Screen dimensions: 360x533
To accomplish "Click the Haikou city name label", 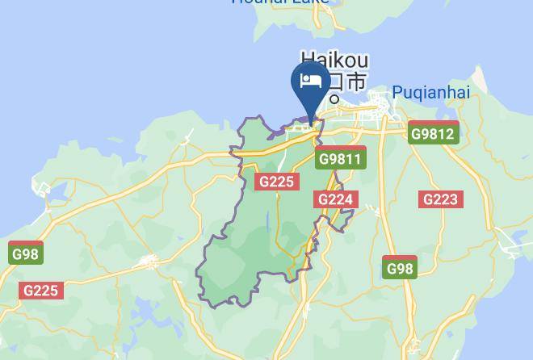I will [335, 61].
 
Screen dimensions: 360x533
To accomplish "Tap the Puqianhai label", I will [430, 93].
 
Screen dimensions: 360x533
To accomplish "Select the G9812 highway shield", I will [432, 133].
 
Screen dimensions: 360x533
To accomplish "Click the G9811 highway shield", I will [340, 159].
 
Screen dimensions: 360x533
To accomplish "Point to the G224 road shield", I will [335, 200].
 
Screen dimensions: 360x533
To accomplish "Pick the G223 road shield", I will [440, 199].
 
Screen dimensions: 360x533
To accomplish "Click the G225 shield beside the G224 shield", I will [275, 182].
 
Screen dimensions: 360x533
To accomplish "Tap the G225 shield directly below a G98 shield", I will [40, 291].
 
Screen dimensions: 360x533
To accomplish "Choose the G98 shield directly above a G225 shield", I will [26, 254].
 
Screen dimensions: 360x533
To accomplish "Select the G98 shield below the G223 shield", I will [400, 269].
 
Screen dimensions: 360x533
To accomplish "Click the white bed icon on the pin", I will [311, 81].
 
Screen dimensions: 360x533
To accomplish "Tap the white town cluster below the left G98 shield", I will [149, 262].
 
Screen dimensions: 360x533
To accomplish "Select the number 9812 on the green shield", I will [436, 133].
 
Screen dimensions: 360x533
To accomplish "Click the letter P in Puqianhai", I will [397, 93].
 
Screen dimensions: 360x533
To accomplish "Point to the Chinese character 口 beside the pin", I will [334, 82].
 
